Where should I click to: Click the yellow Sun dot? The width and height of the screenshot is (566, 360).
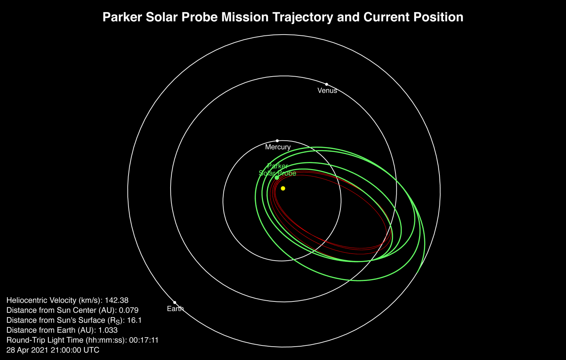[x=283, y=189]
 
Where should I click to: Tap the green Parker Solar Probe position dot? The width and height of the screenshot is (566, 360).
[x=277, y=178]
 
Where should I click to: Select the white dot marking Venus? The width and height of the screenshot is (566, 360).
[x=327, y=84]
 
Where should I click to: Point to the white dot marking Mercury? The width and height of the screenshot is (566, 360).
[x=277, y=141]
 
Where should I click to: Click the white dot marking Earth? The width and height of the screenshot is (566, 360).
[x=175, y=303]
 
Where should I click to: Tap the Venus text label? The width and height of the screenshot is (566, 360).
[x=327, y=91]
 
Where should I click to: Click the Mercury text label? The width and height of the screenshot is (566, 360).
[x=278, y=147]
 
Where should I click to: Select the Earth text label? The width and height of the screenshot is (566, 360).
[x=175, y=309]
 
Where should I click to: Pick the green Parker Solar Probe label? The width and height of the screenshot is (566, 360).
[x=277, y=169]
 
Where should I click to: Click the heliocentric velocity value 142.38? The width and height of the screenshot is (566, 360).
[x=116, y=300]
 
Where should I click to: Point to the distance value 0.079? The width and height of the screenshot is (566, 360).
[x=129, y=310]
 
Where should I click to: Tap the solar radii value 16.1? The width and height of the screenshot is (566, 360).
[x=134, y=320]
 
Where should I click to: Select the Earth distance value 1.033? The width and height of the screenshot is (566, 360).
[x=108, y=330]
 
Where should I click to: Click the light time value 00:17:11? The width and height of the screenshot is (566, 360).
[x=143, y=340]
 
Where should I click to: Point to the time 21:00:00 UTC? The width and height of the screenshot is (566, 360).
[x=75, y=350]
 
